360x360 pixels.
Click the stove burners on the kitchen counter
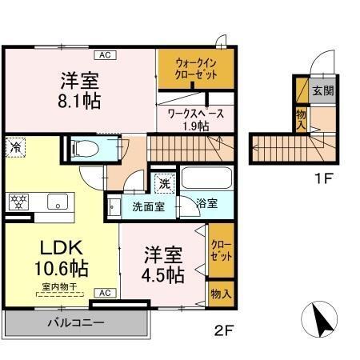click(18, 202)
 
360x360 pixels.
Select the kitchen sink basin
click(57, 202)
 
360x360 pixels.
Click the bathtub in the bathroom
click(206, 178)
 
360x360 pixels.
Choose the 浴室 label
click(207, 203)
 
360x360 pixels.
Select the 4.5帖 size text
click(164, 275)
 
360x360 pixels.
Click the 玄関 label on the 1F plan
click(322, 90)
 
